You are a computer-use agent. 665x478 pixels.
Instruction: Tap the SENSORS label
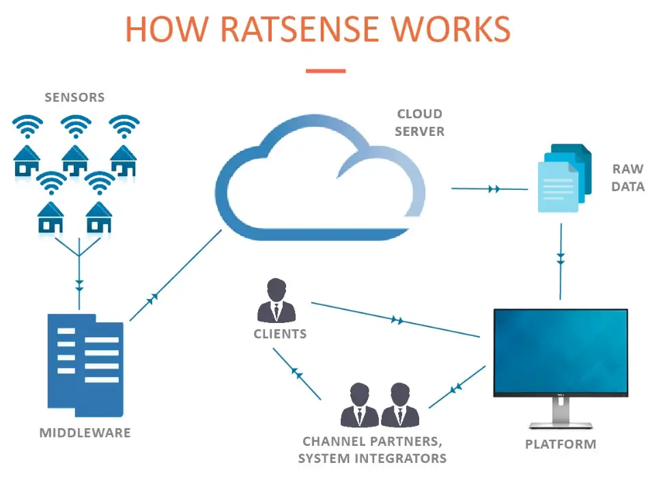click(x=74, y=97)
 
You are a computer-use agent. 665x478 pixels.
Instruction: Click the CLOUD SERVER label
click(x=419, y=122)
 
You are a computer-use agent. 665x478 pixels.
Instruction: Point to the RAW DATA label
click(x=627, y=178)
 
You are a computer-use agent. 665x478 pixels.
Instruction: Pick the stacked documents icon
click(x=564, y=178)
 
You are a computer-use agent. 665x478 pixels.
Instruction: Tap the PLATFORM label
click(x=560, y=445)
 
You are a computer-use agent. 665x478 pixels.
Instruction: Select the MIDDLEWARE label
click(x=85, y=433)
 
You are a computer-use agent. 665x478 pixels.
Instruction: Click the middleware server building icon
click(x=85, y=365)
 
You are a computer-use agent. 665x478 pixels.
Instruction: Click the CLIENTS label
click(x=280, y=335)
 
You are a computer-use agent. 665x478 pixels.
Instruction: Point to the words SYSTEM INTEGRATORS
click(x=372, y=458)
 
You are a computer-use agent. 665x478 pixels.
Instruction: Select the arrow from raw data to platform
click(x=561, y=259)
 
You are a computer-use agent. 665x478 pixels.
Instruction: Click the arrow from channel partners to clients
click(x=296, y=373)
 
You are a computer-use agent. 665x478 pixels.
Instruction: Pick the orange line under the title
click(x=326, y=71)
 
